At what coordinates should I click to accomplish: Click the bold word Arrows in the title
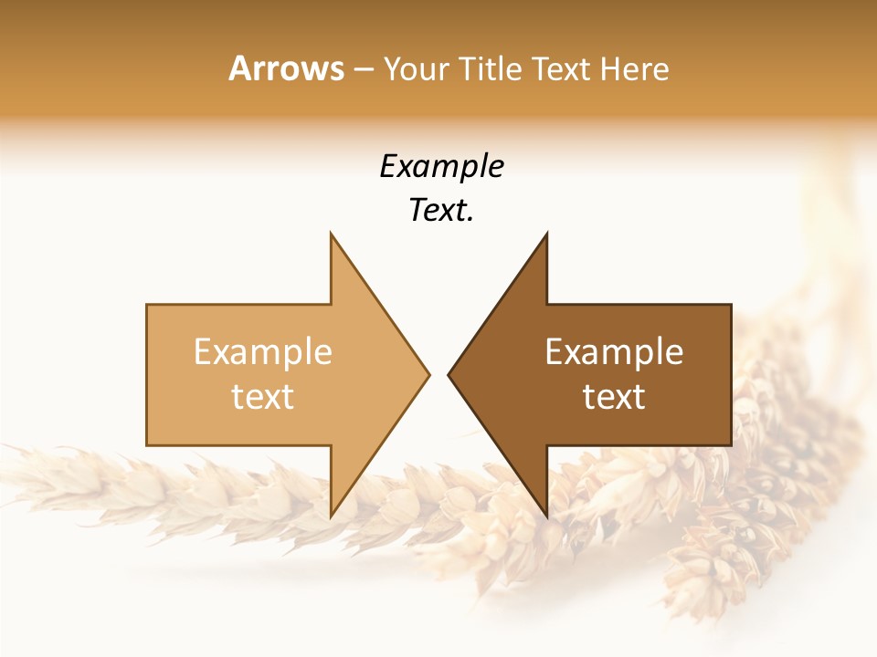coord(286,68)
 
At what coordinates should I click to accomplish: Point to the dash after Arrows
coord(363,69)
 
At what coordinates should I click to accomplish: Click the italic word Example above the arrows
coord(441,166)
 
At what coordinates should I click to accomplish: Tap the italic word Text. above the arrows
coord(441,211)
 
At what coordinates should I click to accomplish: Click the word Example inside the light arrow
coord(263,352)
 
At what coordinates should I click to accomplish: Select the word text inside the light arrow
coord(263,397)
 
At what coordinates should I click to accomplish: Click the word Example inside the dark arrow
coord(614,352)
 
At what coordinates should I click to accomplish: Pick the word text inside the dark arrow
coord(614,397)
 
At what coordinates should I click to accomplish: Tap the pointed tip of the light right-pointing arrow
coord(429,375)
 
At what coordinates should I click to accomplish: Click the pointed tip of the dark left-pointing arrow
coord(449,375)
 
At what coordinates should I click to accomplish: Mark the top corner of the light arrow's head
coord(331,234)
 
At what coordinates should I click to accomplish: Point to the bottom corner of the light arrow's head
coord(331,516)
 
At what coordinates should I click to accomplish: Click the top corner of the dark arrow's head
coord(546,234)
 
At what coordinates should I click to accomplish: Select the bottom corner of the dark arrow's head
coord(546,516)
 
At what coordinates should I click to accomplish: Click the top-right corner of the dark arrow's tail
coord(731,305)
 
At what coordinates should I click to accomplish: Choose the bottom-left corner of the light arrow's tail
coord(147,445)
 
